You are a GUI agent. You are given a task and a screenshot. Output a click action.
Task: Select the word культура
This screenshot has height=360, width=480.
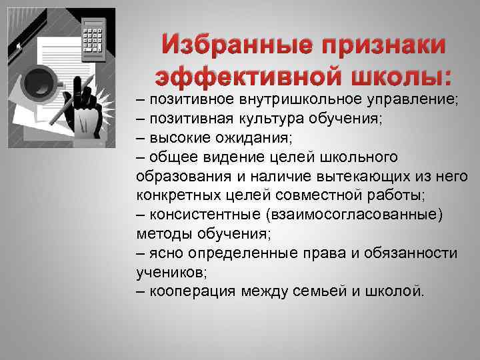click(x=269, y=119)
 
